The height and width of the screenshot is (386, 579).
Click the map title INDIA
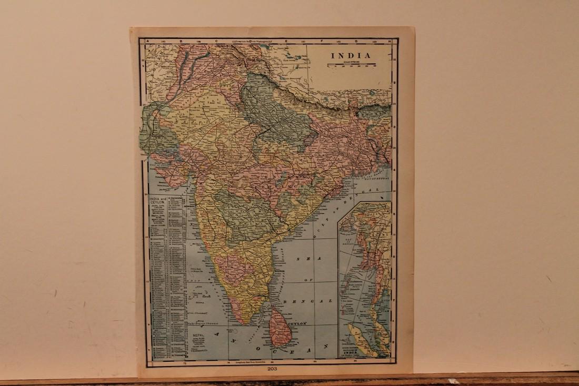coord(350,55)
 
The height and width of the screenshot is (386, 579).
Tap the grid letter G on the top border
coord(356,41)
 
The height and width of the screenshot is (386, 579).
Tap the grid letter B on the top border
coord(181,41)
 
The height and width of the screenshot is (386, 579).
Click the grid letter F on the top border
coord(321,41)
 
